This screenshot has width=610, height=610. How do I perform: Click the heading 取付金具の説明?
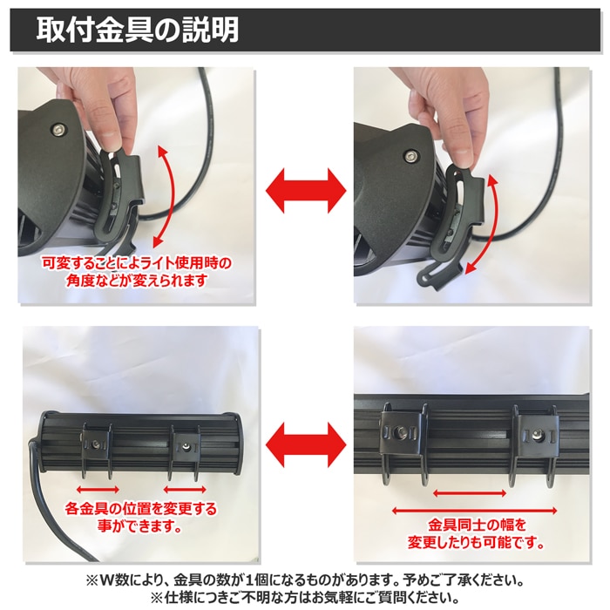pos(138,30)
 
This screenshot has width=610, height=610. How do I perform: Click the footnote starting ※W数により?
pos(305,579)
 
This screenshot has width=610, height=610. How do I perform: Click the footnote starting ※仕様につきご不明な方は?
pos(305,598)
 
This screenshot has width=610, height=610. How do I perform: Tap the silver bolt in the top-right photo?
pos(410,157)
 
